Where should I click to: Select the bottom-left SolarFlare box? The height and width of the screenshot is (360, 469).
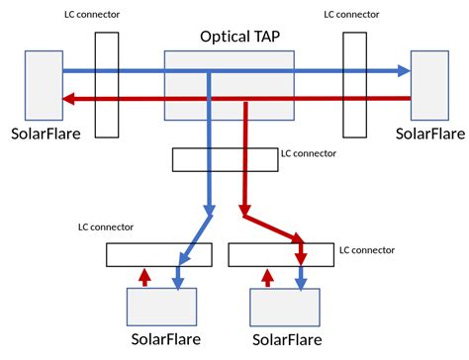pos(162,307)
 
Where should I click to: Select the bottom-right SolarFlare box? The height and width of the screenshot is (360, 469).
pos(285,307)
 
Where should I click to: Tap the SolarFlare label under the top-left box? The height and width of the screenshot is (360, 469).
pos(47,133)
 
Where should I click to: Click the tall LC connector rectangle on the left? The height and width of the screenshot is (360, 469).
pos(107,84)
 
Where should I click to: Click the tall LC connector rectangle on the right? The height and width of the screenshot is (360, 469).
pos(355,84)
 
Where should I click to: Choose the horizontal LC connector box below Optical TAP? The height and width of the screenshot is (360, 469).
pos(225,158)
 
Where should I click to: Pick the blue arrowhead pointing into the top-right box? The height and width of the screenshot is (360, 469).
pos(402,71)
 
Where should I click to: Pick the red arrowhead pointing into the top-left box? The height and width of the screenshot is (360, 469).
pos(69,98)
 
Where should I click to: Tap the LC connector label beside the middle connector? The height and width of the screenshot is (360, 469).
pos(309,154)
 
